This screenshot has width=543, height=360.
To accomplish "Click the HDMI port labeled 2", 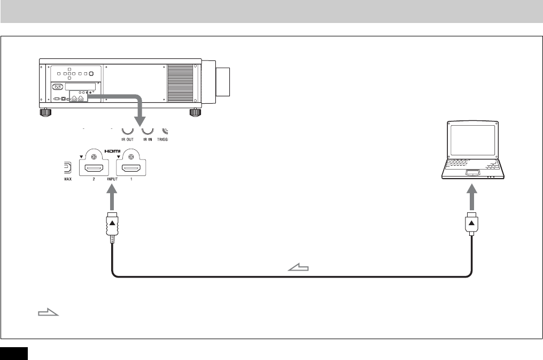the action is click(x=94, y=169).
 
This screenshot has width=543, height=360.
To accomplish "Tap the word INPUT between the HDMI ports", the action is click(x=113, y=180).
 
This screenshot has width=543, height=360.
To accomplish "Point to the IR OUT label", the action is click(x=127, y=137).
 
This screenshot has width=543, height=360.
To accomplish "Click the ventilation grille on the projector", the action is click(x=180, y=84).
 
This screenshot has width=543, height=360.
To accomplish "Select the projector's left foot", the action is click(x=45, y=112).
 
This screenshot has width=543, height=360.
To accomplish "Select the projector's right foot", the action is click(x=196, y=112).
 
